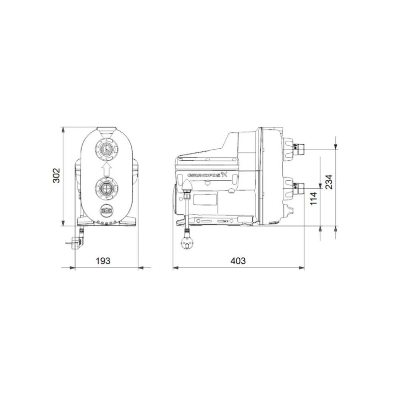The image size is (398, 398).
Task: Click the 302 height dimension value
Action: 56,176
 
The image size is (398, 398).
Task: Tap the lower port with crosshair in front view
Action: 105,188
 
